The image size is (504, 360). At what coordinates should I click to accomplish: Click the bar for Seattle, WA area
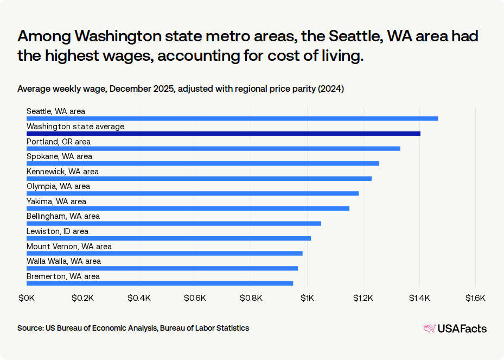pyautogui.click(x=232, y=118)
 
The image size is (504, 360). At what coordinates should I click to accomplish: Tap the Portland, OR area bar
pyautogui.click(x=213, y=148)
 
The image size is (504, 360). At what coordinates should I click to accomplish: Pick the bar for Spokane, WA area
pyautogui.click(x=203, y=163)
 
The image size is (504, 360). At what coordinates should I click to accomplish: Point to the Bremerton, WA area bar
pyautogui.click(x=160, y=283)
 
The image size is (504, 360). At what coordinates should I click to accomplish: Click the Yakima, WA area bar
pyautogui.click(x=188, y=208)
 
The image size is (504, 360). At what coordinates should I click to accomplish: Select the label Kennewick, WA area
pyautogui.click(x=62, y=172)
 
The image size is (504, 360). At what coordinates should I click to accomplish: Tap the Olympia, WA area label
pyautogui.click(x=58, y=186)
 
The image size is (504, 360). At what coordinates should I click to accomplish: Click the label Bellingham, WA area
pyautogui.click(x=63, y=216)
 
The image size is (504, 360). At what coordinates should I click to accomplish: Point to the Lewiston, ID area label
pyautogui.click(x=58, y=231)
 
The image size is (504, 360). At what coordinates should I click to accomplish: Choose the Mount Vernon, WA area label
pyautogui.click(x=69, y=247)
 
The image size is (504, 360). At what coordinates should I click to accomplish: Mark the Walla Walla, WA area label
pyautogui.click(x=63, y=261)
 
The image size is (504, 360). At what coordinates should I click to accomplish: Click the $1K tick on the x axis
pyautogui.click(x=308, y=298)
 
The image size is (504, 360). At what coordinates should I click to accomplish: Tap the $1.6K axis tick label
pyautogui.click(x=475, y=298)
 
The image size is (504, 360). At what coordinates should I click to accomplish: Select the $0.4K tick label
pyautogui.click(x=139, y=298)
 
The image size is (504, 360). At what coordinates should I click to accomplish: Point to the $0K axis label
pyautogui.click(x=27, y=298)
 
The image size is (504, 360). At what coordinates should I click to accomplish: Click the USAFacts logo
pyautogui.click(x=455, y=329)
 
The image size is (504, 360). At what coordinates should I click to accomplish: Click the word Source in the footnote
pyautogui.click(x=30, y=328)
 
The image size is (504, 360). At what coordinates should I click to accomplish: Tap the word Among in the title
pyautogui.click(x=43, y=37)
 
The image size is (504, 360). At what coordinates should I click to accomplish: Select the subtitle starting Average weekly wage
pyautogui.click(x=180, y=89)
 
